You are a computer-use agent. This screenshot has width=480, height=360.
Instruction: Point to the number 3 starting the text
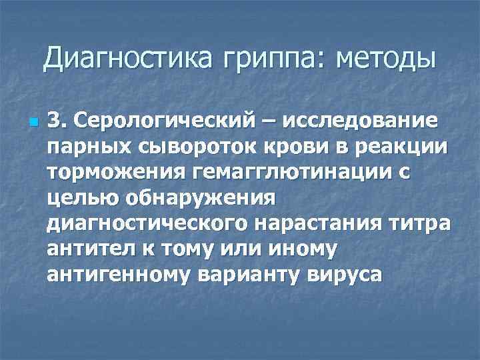pos(55,121)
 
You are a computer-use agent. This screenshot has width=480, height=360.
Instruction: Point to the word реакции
pos(389,147)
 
